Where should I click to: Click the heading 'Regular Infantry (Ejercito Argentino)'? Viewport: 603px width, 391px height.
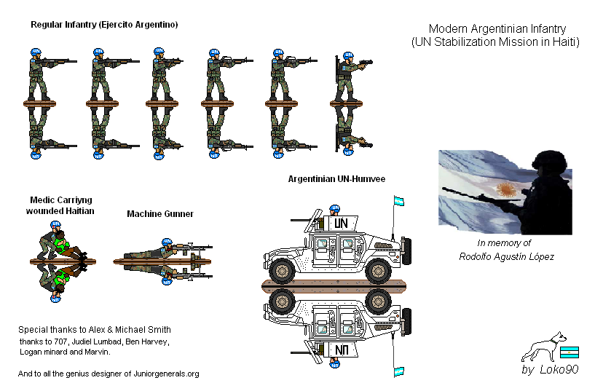pos(104,25)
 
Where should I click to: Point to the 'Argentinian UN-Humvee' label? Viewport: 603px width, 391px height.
pos(336,178)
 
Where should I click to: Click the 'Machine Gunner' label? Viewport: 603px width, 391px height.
pos(160,214)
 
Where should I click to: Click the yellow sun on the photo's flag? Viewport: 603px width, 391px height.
pos(505,190)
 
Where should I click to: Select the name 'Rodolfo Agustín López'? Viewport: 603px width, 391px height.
pos(507,256)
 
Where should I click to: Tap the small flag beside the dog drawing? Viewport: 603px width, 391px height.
pos(568,352)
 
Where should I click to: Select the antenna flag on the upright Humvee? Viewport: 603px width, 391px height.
pos(398,201)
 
